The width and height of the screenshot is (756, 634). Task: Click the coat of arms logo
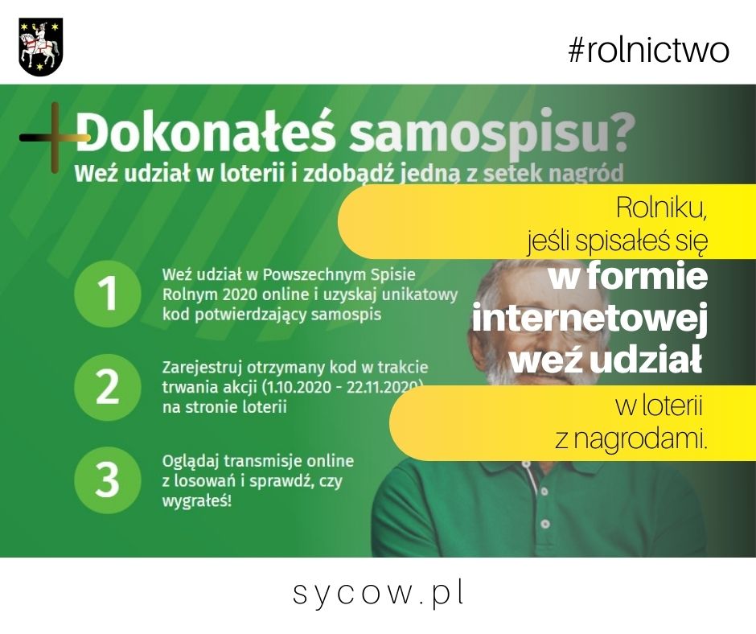[x=41, y=47]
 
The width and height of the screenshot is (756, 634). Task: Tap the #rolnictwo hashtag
[x=648, y=50]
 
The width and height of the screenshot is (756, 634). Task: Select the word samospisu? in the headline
[x=491, y=132]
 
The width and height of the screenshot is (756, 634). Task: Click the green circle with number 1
[x=108, y=294]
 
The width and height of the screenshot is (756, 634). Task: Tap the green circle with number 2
[x=108, y=387]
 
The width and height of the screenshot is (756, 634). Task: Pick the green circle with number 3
[x=108, y=480]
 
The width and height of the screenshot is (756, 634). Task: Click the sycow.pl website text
[x=379, y=593]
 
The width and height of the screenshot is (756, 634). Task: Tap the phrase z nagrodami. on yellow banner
[x=631, y=438]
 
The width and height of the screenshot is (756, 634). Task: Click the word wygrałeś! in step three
[x=197, y=501]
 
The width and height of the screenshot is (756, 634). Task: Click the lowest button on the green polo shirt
[x=545, y=524]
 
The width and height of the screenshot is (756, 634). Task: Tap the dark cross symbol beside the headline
[x=55, y=138]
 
